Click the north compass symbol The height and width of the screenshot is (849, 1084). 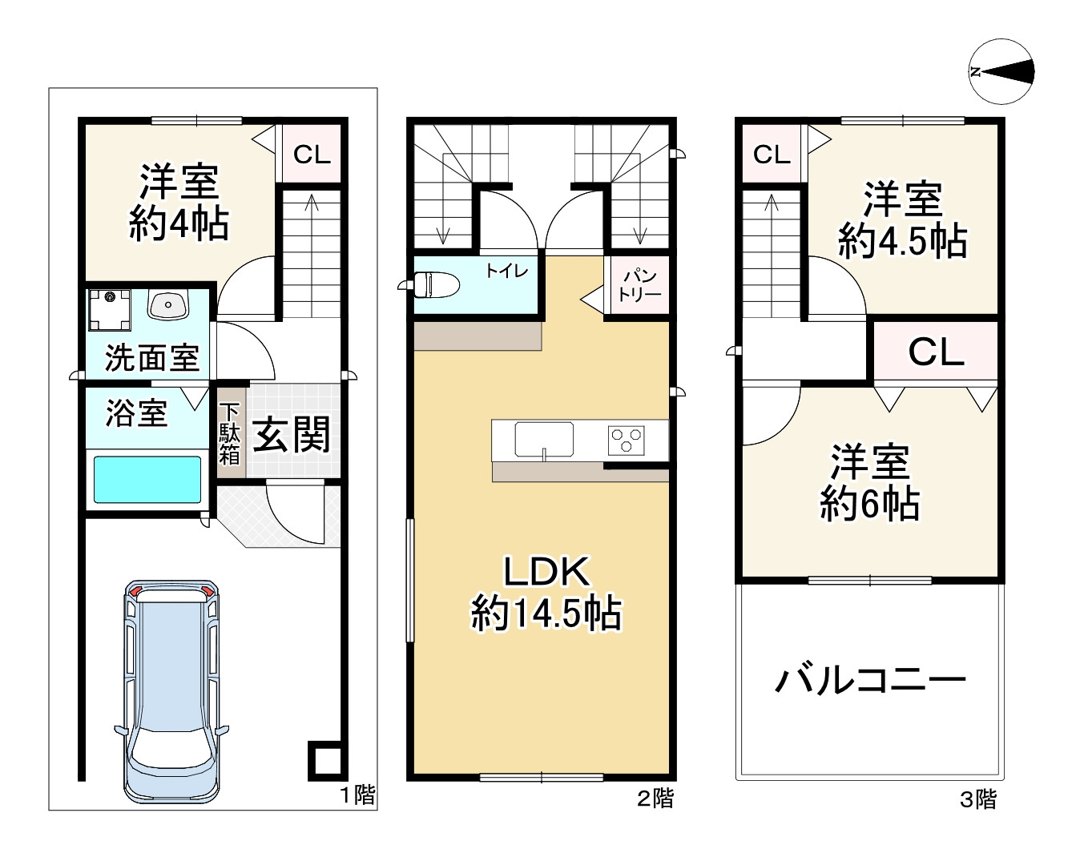pos(1001,72)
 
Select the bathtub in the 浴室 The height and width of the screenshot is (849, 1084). pos(147,479)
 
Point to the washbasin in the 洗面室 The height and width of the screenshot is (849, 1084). pos(167,304)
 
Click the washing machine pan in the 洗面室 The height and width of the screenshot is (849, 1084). pos(109,308)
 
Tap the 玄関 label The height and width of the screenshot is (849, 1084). pos(292,435)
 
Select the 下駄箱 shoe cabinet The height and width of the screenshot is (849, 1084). pos(230,433)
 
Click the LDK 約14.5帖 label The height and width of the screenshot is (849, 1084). pos(546,593)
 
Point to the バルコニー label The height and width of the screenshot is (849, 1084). pos(870,681)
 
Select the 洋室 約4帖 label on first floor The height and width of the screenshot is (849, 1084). pos(179,203)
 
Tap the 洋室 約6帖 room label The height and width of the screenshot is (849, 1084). pos(869,482)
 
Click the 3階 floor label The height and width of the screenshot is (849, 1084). pos(978,799)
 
